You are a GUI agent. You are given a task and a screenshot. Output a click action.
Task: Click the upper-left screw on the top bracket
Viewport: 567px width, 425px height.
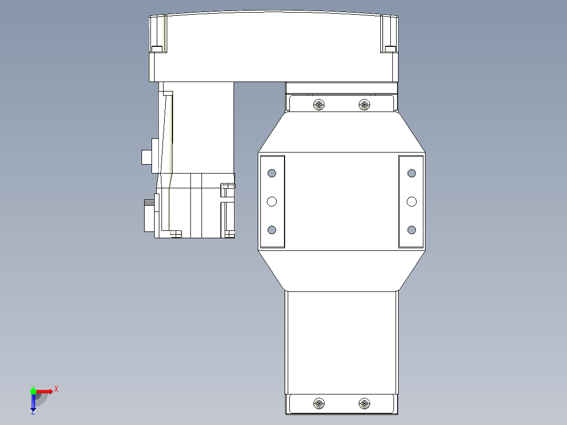(x=318, y=105)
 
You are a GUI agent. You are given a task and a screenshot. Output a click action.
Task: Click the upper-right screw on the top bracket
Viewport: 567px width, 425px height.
(x=364, y=105)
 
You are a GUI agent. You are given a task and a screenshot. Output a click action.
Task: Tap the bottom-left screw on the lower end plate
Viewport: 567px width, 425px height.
(x=318, y=404)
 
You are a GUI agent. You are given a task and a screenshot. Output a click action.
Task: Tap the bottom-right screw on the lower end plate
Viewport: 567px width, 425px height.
(x=364, y=404)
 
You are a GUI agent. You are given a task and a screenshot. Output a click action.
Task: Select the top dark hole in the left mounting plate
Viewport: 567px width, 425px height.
(x=272, y=173)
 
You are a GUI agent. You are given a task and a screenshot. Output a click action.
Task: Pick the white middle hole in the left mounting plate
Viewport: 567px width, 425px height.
(x=272, y=201)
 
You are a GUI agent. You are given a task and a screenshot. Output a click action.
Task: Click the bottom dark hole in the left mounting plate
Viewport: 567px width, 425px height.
(x=272, y=230)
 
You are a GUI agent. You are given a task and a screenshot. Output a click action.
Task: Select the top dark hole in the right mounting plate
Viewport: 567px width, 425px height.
(x=411, y=173)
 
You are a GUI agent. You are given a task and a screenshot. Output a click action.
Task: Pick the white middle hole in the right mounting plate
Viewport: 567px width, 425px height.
(x=411, y=201)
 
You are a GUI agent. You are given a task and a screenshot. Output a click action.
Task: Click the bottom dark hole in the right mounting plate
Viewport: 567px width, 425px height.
(x=411, y=230)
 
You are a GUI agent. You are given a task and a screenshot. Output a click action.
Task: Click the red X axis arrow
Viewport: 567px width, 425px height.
(x=45, y=391)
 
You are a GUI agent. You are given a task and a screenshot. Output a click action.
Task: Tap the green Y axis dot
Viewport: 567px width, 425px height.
(x=33, y=391)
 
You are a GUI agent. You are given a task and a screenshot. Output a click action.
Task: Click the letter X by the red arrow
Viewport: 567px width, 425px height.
(x=56, y=389)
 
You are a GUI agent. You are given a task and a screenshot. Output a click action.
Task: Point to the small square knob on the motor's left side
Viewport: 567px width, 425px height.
(x=146, y=157)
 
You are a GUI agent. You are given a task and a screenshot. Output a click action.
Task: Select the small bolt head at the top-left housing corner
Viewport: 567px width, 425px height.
(x=157, y=49)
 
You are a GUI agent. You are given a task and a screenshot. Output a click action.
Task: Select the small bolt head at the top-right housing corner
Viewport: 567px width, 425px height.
(x=390, y=49)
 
